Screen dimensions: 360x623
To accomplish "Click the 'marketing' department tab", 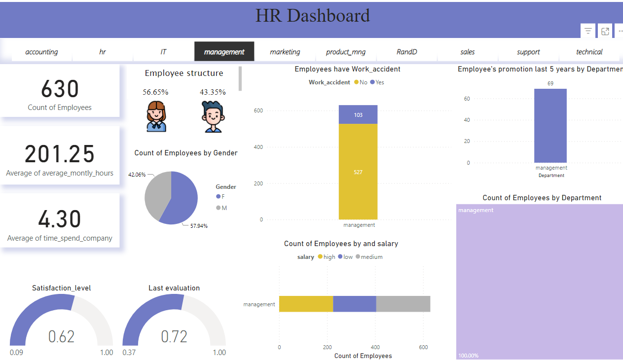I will click(285, 52).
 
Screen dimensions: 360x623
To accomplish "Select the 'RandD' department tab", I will click(406, 52).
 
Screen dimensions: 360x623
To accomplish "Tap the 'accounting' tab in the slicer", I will click(41, 52).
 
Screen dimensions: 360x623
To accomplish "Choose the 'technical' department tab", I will click(589, 52).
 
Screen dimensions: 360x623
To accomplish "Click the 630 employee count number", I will click(60, 89).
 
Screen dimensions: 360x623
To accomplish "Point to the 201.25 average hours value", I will click(60, 154).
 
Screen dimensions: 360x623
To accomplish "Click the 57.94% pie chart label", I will click(199, 226).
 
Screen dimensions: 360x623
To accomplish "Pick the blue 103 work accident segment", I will click(358, 114).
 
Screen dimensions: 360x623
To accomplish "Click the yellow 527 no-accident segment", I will click(358, 172).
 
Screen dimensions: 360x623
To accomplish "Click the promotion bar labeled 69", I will click(550, 126).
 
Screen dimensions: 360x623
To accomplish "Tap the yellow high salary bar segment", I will click(306, 304).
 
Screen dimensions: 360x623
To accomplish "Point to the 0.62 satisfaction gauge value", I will click(61, 336).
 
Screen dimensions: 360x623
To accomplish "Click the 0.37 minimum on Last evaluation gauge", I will click(129, 353).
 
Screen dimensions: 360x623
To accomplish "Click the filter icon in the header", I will click(588, 31).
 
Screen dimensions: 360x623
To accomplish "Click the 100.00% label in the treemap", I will click(468, 355).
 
